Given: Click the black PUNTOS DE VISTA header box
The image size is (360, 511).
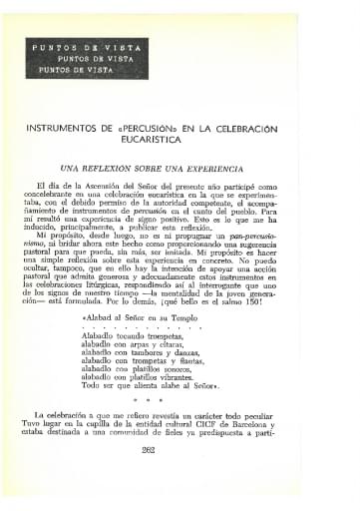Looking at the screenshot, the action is click(x=80, y=59).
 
